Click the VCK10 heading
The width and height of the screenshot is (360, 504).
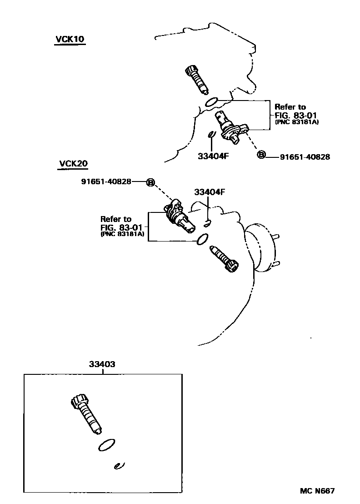pos(70,39)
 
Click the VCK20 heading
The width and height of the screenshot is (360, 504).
pos(73,164)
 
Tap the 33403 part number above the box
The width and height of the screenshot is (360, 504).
pos(102,364)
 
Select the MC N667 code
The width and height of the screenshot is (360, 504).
pos(317,491)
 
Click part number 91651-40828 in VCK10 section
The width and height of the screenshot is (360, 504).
pos(305,156)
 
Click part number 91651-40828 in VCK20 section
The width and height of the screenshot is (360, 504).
pos(106,181)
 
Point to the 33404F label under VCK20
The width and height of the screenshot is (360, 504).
pos(210,192)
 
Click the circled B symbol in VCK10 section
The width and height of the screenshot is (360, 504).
pos(261,156)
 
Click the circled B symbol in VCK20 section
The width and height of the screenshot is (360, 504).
pos(150,182)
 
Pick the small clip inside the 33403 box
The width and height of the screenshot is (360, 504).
pos(119,465)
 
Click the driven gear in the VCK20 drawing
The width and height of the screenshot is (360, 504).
pos(225,259)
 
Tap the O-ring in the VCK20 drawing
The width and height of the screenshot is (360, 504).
pos(203,239)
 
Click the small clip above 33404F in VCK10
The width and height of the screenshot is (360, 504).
pos(211,135)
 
